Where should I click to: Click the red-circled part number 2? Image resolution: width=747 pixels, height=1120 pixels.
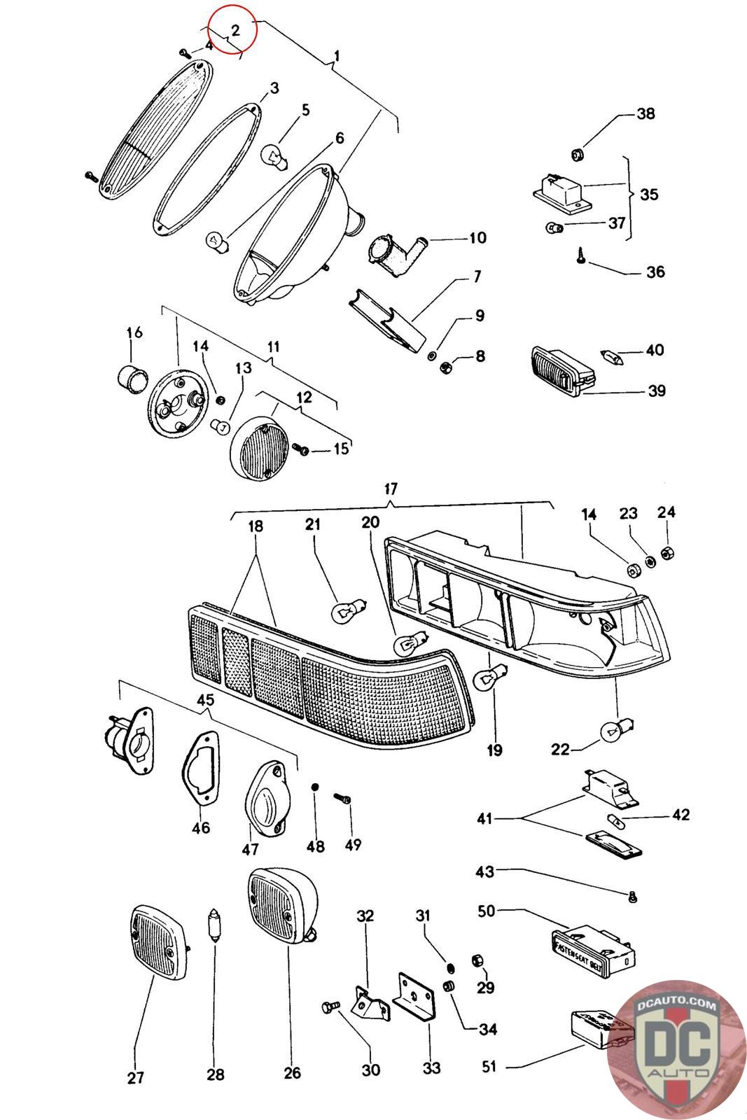click(x=235, y=30)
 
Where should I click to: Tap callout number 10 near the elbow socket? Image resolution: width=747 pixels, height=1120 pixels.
click(x=477, y=239)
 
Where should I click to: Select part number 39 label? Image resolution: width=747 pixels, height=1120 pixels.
click(x=656, y=390)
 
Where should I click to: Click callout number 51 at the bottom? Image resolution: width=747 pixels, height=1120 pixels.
click(x=488, y=1066)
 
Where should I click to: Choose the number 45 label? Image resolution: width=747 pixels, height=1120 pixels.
click(x=205, y=700)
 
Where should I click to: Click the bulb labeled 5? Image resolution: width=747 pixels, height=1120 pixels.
click(x=272, y=155)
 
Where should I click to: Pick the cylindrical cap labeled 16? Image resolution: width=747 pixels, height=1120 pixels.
click(x=132, y=379)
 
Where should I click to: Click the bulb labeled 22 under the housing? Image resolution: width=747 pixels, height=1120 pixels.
click(x=611, y=732)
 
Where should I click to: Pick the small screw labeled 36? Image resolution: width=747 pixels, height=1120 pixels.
click(x=582, y=258)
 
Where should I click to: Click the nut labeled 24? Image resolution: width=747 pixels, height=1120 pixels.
click(x=666, y=552)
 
